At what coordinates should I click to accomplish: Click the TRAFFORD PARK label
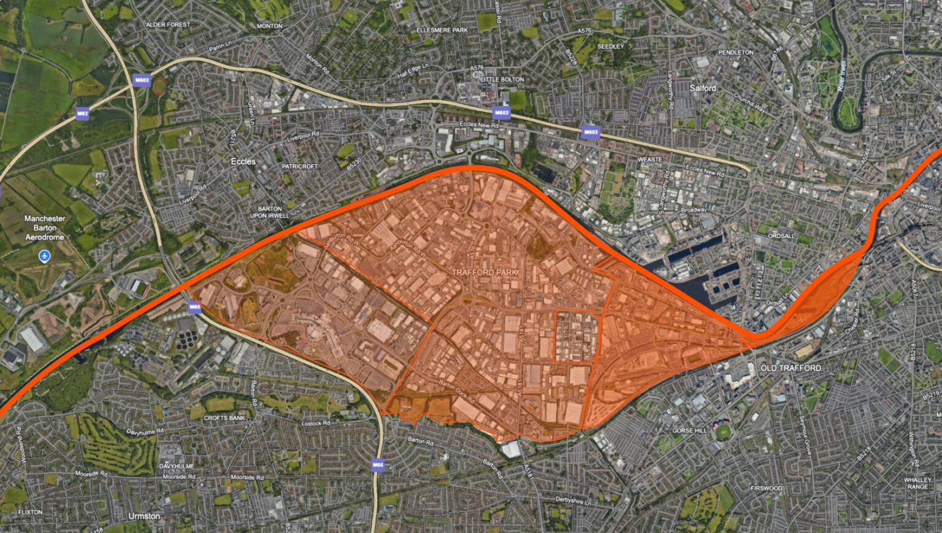(484, 272)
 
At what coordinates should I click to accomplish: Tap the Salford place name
(703, 88)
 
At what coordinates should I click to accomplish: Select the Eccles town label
(243, 161)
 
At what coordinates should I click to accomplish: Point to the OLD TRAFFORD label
(791, 368)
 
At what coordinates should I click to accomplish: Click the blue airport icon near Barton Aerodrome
(44, 256)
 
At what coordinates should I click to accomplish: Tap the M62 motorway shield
(83, 113)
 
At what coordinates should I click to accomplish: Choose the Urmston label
(144, 516)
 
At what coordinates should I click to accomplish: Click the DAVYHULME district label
(177, 466)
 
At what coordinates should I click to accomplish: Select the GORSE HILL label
(689, 431)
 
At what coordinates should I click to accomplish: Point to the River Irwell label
(843, 75)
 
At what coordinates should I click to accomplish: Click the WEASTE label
(650, 159)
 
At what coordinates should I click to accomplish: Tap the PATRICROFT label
(300, 166)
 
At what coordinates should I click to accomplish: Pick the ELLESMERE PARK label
(442, 30)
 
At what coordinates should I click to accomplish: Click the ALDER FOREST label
(168, 25)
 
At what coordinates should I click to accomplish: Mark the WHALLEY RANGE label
(917, 483)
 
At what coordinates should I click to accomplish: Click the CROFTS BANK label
(224, 418)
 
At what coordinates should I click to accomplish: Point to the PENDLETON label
(736, 53)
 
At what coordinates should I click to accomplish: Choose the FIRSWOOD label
(767, 488)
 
